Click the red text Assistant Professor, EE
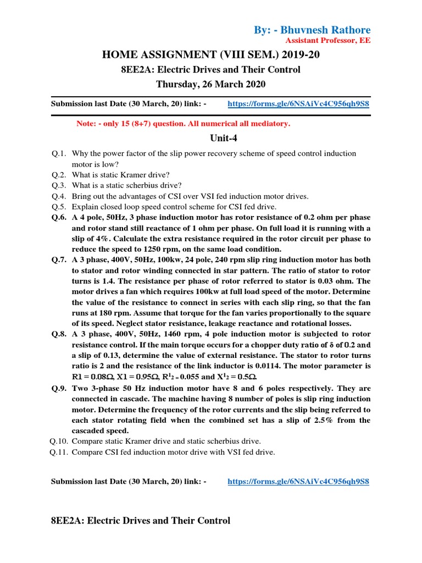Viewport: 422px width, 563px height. click(328, 41)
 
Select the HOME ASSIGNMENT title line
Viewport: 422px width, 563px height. click(210, 55)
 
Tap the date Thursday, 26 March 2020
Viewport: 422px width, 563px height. click(210, 84)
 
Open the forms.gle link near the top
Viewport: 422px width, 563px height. click(298, 103)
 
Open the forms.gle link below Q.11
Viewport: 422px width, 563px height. click(298, 482)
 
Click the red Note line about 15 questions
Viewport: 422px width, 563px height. click(183, 124)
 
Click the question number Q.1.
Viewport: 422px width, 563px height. click(59, 153)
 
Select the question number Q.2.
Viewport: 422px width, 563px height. click(59, 175)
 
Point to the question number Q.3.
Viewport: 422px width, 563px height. click(59, 185)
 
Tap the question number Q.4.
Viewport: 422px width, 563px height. click(59, 196)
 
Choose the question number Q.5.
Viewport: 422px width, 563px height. click(59, 207)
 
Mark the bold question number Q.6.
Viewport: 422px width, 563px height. click(59, 218)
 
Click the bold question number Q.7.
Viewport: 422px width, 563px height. click(59, 260)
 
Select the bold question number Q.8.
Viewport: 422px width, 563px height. click(59, 334)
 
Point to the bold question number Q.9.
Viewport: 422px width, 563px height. click(59, 388)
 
